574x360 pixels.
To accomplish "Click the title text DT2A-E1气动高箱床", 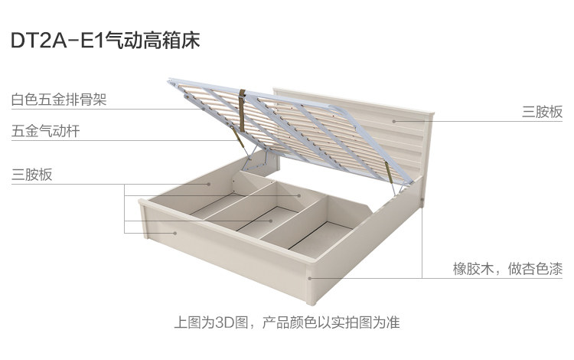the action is point(106,41).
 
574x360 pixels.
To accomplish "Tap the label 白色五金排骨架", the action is point(59,100).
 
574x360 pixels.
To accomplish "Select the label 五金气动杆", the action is point(45,131).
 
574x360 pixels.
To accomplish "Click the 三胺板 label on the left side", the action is point(32,175).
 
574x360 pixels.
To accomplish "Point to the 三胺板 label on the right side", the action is point(542,112).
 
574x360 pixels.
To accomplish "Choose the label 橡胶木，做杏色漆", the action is point(507,269).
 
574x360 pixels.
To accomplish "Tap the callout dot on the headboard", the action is point(394,121).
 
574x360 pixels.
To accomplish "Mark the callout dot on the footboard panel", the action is point(175,233).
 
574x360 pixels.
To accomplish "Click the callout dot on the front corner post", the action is point(310,278).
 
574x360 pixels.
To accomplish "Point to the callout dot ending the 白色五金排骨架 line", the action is point(204,109).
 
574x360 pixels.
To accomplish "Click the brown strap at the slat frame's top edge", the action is point(242,110).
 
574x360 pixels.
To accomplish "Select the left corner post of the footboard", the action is point(144,218).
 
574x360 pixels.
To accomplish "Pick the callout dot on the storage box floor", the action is point(271,221).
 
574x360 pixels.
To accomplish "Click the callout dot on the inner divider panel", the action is point(299,195).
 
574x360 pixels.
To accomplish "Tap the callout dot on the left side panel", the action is point(209,184).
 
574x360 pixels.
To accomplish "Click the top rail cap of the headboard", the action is point(354,100).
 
